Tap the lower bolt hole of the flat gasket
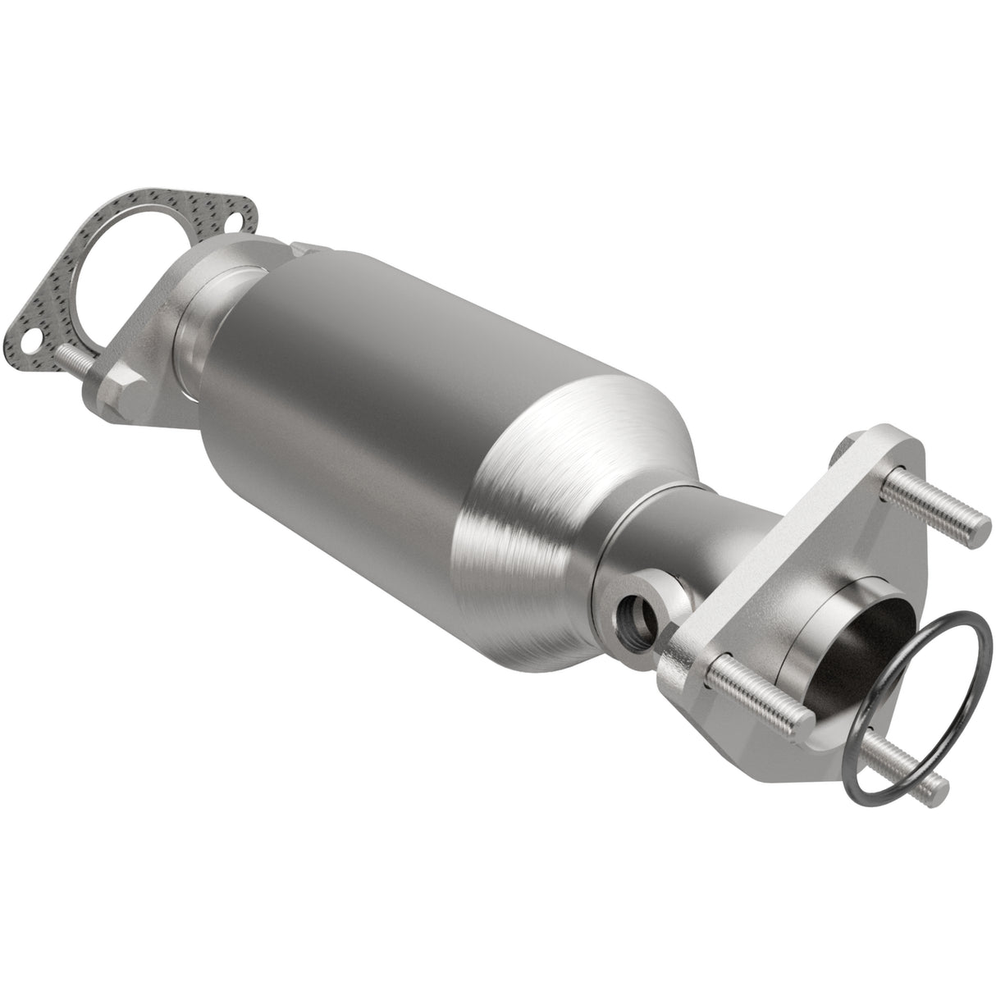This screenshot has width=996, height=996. click(x=30, y=338)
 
